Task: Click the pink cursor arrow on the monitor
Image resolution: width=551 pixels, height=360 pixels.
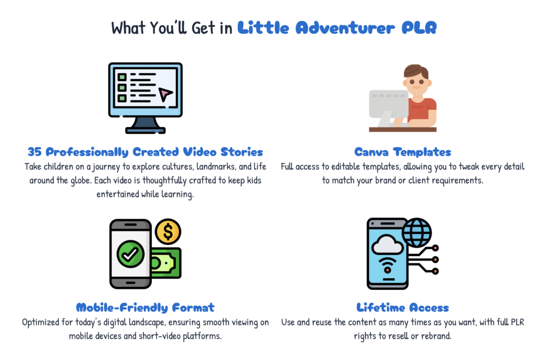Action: [165, 94]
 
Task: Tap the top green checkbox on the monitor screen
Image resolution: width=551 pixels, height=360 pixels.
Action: [122, 76]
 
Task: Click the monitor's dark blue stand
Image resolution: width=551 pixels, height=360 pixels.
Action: [145, 125]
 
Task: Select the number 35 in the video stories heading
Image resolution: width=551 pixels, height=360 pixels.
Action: [34, 152]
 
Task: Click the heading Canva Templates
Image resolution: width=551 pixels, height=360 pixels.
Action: [402, 152]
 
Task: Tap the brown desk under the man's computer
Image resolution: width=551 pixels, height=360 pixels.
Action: [402, 129]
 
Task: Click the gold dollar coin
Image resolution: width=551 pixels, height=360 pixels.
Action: [168, 232]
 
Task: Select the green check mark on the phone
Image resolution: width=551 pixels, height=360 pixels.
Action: [130, 254]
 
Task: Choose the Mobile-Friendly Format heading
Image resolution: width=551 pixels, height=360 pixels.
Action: [145, 308]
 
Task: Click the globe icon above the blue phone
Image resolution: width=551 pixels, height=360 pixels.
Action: [417, 232]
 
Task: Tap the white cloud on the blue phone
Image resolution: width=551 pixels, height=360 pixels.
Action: [387, 245]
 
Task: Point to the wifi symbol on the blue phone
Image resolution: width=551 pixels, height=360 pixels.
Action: [387, 265]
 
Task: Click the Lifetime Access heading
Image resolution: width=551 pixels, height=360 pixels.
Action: [402, 308]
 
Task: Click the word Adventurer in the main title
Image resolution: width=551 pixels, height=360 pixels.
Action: [345, 28]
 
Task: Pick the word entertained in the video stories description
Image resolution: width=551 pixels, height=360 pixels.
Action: [118, 194]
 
